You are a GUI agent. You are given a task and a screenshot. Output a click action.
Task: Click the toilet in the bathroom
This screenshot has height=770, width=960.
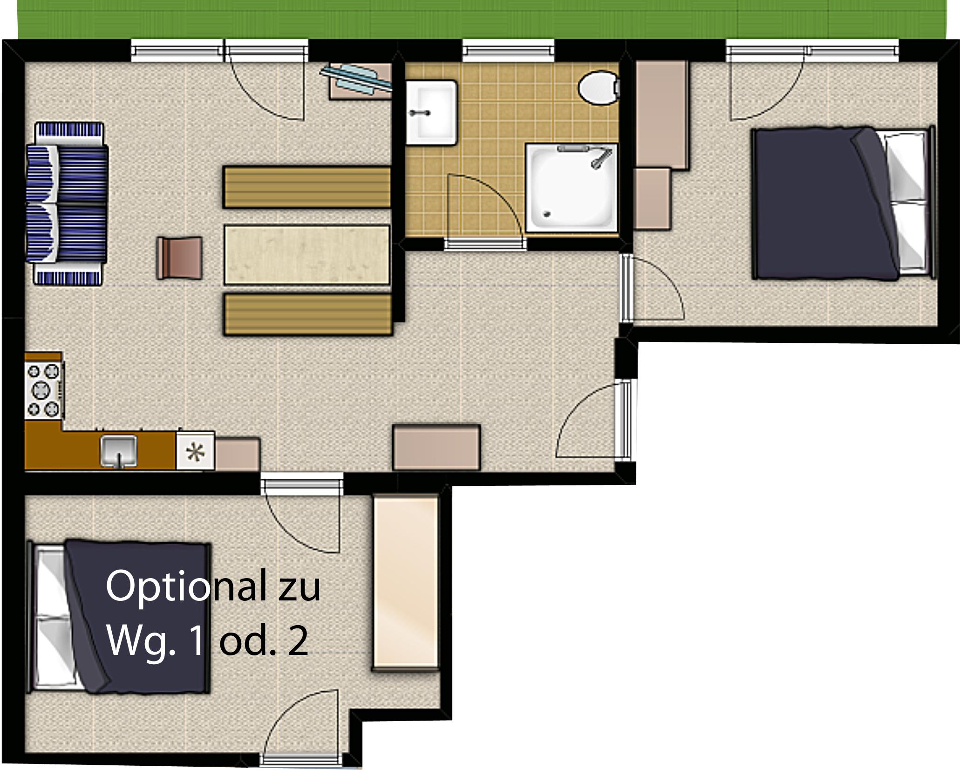(599, 88)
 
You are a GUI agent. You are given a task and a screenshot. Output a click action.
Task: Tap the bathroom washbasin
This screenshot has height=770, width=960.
(431, 112)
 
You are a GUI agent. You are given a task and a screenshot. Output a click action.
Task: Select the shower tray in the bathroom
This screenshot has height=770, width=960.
(572, 188)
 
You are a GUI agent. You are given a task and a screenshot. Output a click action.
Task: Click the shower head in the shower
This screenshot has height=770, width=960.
(601, 158)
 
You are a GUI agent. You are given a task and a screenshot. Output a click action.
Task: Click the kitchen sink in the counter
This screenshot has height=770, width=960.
(119, 450)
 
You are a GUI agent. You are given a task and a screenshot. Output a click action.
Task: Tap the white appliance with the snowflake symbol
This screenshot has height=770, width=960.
(195, 450)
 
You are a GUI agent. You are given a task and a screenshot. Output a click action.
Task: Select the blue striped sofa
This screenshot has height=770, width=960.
(67, 204)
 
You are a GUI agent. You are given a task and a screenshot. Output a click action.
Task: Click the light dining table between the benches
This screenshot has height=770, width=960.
(307, 254)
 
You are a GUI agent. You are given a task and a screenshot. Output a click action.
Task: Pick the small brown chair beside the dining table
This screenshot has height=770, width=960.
(180, 258)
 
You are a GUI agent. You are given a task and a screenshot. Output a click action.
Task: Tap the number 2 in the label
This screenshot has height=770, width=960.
(298, 641)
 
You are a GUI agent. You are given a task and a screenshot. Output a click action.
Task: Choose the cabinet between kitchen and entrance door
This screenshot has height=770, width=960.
(436, 447)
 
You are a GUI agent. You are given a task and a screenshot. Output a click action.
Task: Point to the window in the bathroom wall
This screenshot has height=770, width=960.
(508, 50)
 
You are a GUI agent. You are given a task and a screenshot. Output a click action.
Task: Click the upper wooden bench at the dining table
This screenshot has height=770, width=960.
(307, 187)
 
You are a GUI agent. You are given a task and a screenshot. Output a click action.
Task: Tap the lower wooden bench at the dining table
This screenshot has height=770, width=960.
(308, 314)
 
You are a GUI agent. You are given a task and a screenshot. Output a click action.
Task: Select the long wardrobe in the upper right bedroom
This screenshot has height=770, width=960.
(662, 115)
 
